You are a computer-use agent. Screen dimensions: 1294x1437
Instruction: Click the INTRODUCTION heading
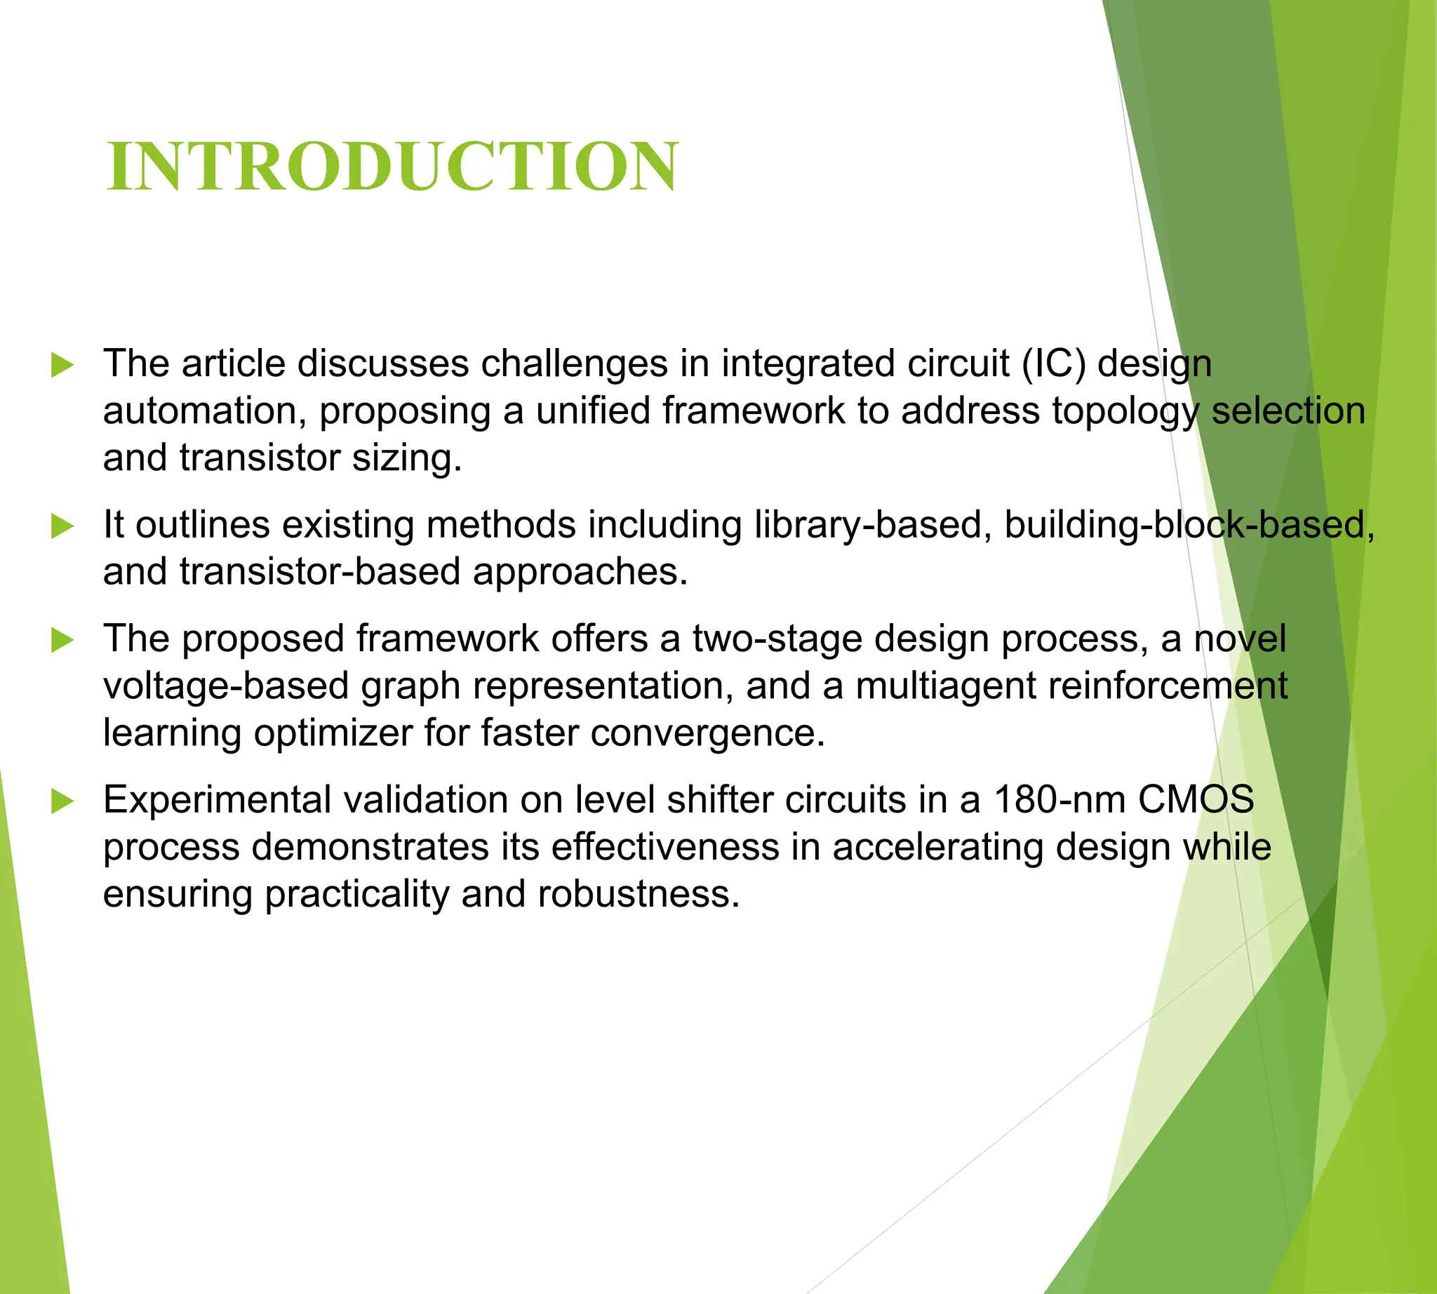point(392,166)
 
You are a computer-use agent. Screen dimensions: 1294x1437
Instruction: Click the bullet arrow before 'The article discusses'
point(62,366)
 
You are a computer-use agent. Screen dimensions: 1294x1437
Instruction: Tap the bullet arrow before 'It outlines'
point(62,527)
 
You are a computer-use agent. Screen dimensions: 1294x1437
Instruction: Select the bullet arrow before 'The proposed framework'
point(62,641)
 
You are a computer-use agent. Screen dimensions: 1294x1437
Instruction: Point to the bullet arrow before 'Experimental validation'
point(62,802)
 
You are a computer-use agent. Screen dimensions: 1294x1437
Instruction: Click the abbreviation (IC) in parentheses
point(1054,364)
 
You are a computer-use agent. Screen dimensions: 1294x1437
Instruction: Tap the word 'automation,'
point(205,411)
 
